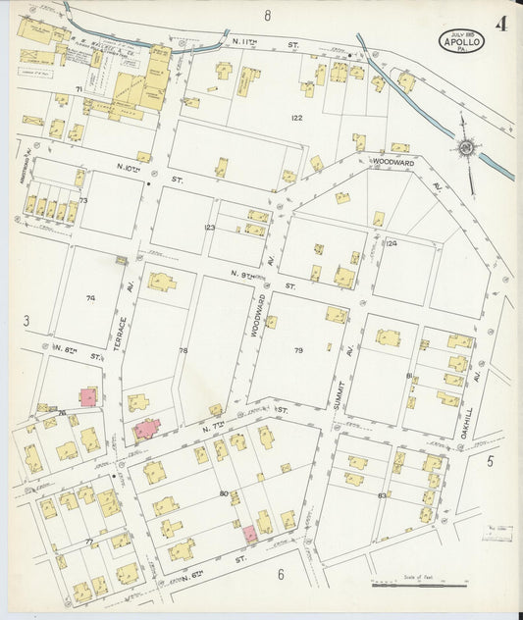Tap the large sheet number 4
click(500, 24)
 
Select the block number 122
click(296, 118)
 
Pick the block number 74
click(91, 298)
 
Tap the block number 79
click(298, 349)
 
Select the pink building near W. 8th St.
click(88, 396)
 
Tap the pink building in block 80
click(249, 534)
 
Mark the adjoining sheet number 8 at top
click(266, 16)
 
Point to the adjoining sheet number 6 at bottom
click(280, 574)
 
